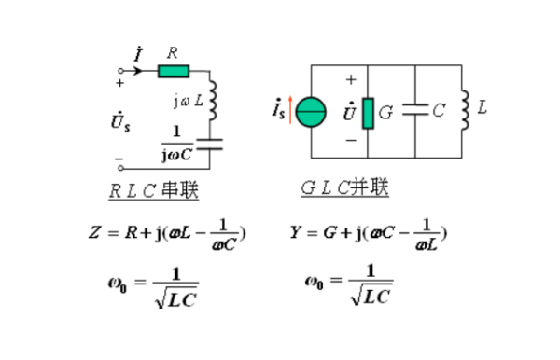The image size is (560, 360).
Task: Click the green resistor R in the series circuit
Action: (x=175, y=70)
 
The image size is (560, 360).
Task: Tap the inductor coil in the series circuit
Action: (x=212, y=99)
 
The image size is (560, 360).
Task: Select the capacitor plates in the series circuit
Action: (x=212, y=144)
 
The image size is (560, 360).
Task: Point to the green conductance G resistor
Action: (x=368, y=112)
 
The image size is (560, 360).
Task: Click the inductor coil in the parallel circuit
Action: (x=464, y=108)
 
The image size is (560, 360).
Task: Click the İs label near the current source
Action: (x=277, y=111)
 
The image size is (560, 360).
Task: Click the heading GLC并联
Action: (x=344, y=188)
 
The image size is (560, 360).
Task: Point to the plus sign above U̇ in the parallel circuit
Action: (x=352, y=80)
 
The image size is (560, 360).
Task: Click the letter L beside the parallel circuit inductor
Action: (x=482, y=108)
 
